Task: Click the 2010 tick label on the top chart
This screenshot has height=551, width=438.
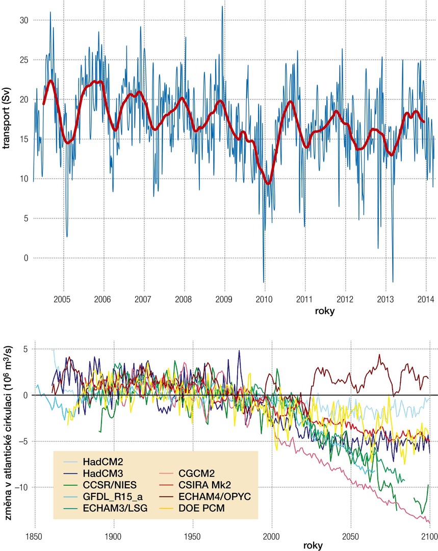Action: pos(264,299)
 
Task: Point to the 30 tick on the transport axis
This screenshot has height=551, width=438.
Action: pos(24,20)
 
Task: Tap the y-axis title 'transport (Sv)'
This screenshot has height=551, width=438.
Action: pos(6,118)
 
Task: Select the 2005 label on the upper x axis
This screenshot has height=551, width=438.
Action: pos(62,299)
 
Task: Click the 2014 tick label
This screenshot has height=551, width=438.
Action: pos(426,299)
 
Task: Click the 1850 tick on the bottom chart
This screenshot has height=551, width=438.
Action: pos(34,537)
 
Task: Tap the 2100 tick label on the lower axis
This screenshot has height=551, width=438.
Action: pos(429,537)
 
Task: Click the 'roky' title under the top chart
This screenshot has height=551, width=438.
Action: pos(325,311)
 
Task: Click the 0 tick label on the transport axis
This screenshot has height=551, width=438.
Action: pos(26,258)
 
